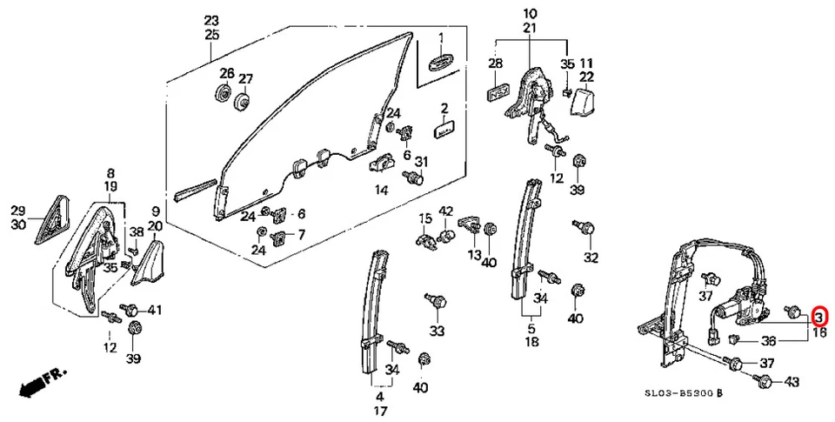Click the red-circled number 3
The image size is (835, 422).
818,317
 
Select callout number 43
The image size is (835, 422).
792,381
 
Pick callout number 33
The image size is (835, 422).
437,331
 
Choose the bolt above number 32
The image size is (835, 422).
587,228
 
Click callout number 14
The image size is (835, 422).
381,190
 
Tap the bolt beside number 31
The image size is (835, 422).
416,178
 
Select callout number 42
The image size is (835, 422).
446,211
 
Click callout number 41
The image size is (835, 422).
155,310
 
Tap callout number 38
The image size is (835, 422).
136,232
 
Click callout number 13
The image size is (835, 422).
474,254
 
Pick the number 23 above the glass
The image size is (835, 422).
212,21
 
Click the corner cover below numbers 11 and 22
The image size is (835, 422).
581,104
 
